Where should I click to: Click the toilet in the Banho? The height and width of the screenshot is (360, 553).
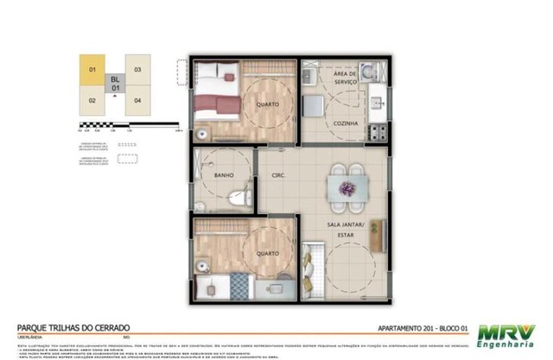click(x=245, y=199)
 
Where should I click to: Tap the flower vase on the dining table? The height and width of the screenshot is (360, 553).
click(x=347, y=188)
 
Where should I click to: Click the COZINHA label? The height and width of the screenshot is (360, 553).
click(x=346, y=123)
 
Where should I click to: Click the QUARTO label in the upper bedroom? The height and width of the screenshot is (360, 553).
click(x=266, y=105)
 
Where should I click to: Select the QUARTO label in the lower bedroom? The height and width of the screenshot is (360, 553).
click(x=265, y=253)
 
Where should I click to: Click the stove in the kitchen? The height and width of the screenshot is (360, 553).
click(x=378, y=132)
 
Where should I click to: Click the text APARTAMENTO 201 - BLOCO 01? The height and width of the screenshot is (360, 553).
click(x=424, y=328)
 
